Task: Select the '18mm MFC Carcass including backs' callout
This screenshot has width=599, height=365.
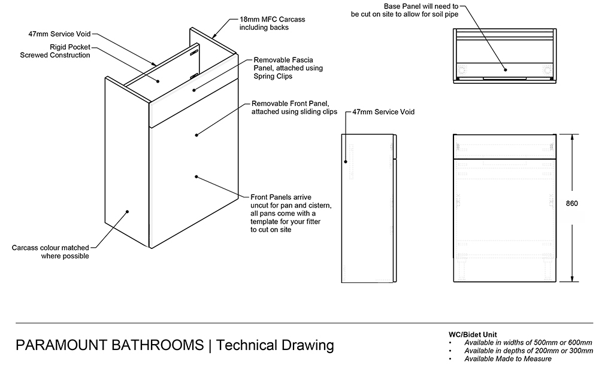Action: (272, 23)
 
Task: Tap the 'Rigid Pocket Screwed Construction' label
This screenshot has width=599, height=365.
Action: (55, 51)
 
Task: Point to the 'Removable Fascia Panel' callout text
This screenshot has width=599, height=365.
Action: (288, 68)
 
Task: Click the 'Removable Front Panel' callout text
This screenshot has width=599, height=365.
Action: (294, 108)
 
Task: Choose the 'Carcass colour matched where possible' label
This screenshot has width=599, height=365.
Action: (50, 251)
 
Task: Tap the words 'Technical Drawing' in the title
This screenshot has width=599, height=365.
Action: (275, 345)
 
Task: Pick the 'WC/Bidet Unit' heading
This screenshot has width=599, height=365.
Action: (473, 334)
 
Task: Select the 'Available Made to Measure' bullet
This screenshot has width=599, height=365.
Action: (508, 358)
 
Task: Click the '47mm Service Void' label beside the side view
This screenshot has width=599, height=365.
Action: (383, 112)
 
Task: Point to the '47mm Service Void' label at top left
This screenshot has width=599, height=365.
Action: (59, 34)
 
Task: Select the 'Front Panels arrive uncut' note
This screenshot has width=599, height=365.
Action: (291, 213)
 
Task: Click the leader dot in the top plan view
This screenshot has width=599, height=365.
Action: (506, 69)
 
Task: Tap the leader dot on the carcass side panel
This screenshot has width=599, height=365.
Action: (127, 211)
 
